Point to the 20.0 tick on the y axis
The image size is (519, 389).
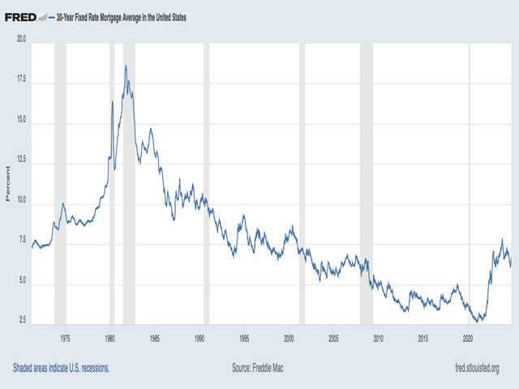21,38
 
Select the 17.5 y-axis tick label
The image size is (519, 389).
21,79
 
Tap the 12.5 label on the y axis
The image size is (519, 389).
21,160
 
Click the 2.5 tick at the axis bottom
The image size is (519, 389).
23,323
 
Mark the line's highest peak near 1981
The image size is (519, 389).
126,66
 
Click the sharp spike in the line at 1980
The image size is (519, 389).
112,101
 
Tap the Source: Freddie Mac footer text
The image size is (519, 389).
259,367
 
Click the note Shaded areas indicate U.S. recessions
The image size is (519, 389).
61,367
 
